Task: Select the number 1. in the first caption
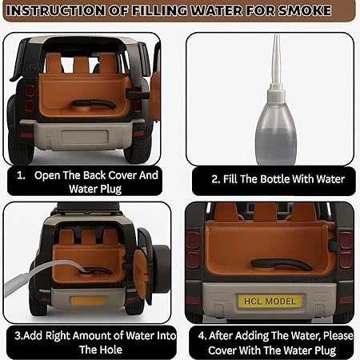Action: tap(22, 174)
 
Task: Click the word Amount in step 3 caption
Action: tap(82, 334)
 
